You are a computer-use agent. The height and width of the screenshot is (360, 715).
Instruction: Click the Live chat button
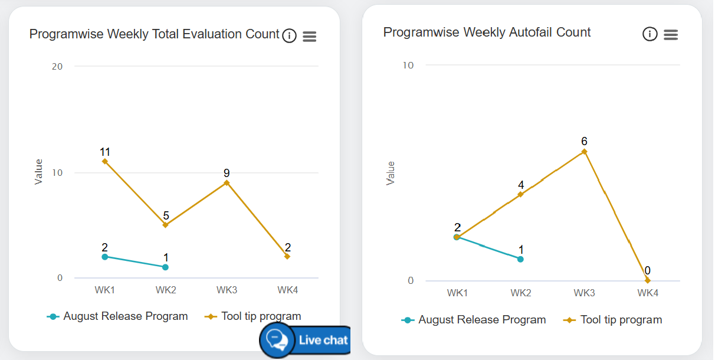305,340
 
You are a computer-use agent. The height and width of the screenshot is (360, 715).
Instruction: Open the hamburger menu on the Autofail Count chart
670,35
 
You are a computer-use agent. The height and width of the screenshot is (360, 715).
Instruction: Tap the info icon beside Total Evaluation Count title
289,36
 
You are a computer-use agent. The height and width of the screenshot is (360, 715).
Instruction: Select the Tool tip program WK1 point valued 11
105,161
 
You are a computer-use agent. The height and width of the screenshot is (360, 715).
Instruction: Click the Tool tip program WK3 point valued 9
227,182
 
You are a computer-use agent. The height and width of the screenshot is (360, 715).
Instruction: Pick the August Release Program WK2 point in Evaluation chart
165,267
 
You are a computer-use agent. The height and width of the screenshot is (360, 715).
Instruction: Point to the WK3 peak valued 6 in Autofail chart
584,152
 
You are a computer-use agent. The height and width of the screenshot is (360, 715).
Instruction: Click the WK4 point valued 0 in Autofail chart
647,280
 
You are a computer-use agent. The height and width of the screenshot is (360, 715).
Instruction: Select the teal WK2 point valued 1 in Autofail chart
520,258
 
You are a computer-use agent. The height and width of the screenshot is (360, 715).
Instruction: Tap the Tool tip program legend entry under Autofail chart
614,320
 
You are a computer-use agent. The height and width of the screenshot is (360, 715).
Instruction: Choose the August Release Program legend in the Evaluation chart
118,316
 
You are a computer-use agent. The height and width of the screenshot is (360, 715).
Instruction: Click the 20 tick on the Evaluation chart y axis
57,66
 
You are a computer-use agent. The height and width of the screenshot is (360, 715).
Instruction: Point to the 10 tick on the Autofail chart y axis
408,65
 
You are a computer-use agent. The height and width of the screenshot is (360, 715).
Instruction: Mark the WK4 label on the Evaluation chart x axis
287,290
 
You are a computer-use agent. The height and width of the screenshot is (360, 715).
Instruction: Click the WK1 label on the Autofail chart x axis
457,293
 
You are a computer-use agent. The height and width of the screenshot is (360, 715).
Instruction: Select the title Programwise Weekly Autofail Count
487,32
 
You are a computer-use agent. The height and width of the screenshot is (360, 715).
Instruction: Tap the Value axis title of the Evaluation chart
39,172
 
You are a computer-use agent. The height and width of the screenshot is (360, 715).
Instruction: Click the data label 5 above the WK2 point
166,215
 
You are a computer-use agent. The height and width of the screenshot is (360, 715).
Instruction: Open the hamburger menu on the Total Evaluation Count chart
309,37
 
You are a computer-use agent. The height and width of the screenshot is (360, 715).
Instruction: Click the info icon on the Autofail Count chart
650,34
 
